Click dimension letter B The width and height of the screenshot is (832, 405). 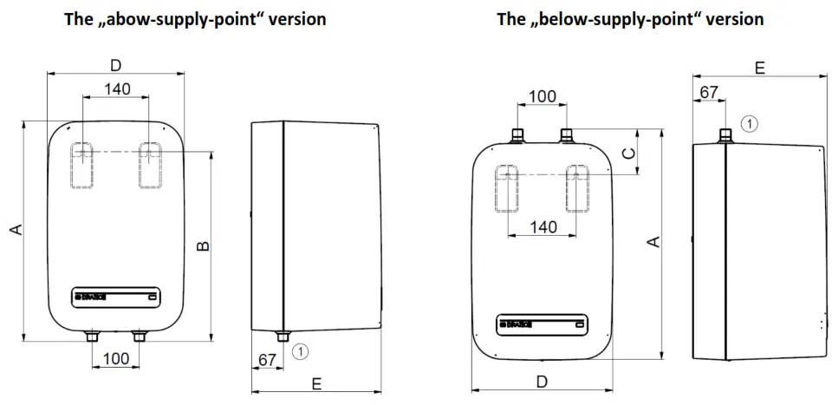tap(202, 246)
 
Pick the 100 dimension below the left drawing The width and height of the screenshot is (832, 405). tap(115, 358)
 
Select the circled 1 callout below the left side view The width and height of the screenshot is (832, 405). tap(301, 351)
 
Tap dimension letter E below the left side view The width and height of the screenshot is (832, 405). tap(315, 383)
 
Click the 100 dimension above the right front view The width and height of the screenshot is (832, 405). tap(543, 95)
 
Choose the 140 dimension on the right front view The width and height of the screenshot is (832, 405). tap(543, 227)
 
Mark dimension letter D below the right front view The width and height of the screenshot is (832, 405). tap(542, 381)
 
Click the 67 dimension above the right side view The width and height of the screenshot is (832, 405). tap(709, 92)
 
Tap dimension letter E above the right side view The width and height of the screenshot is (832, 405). tap(759, 68)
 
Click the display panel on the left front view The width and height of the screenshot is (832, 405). tap(115, 297)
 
